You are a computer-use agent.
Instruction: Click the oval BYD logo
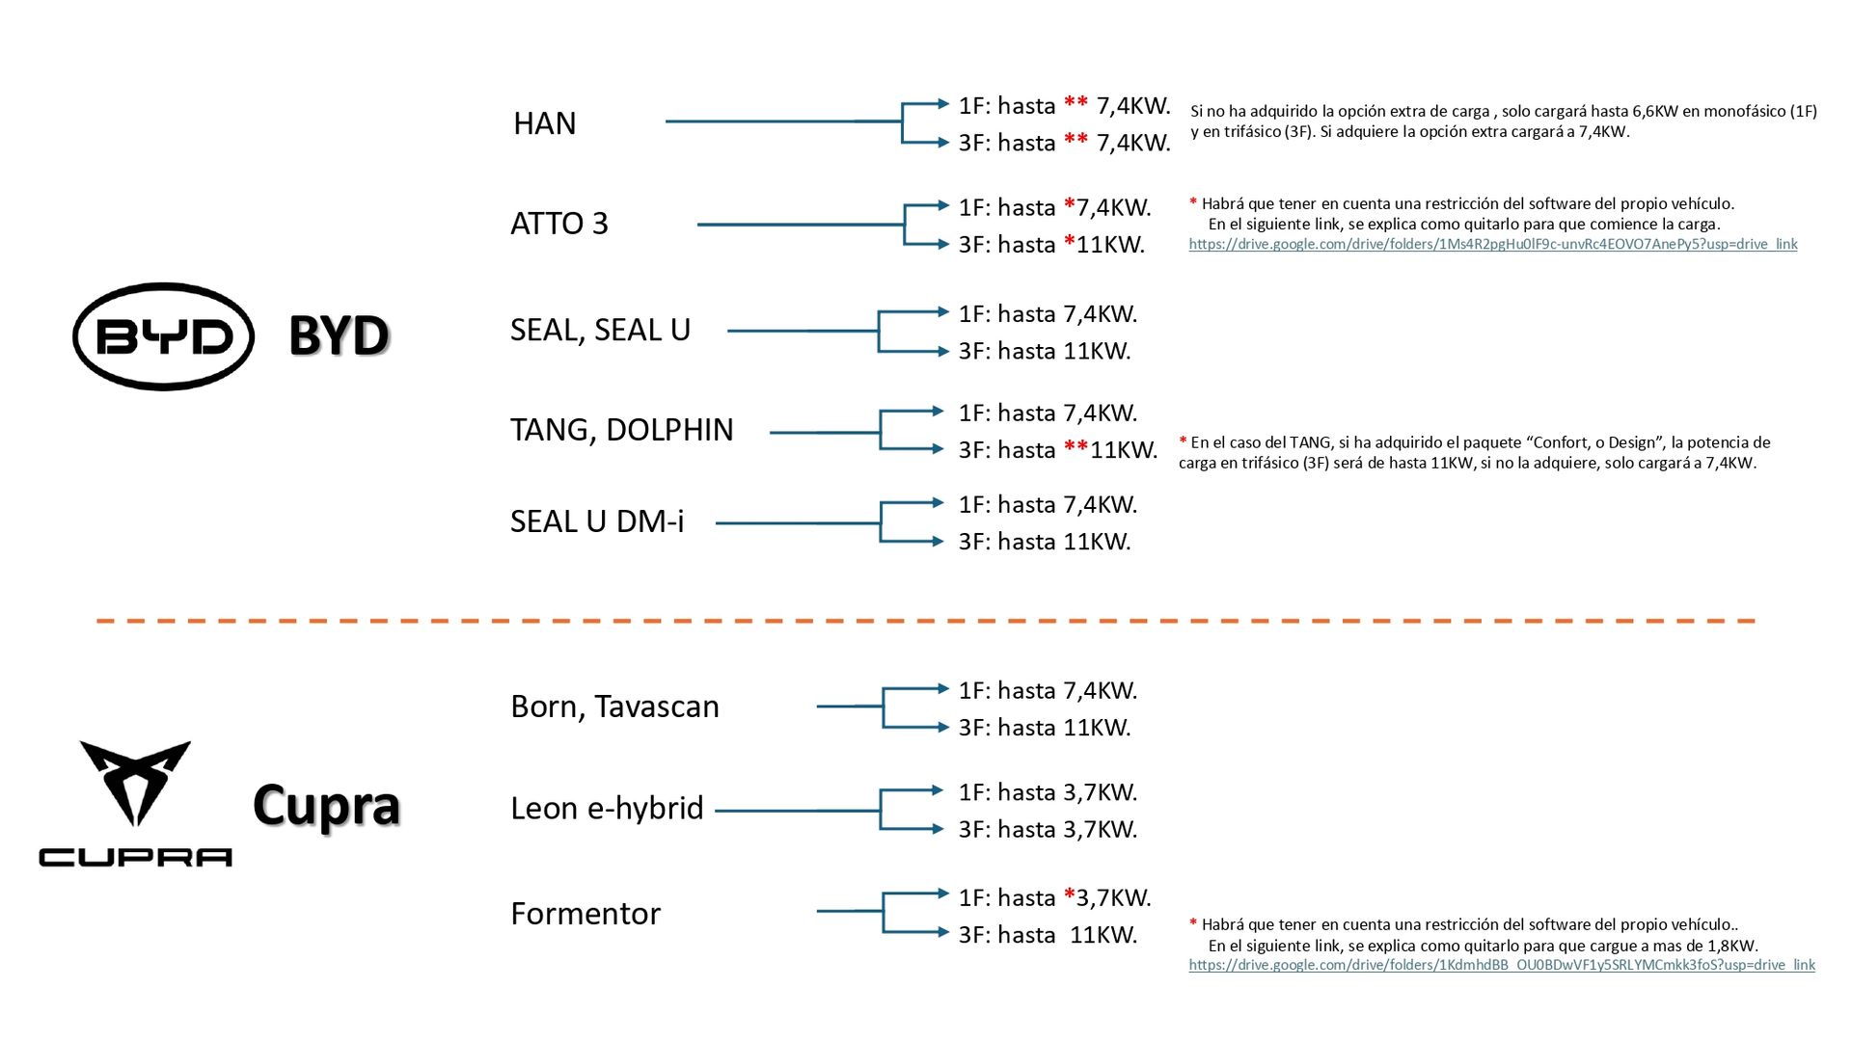coord(163,336)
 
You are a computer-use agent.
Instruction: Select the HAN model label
coord(544,123)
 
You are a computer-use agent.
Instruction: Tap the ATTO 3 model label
coord(558,224)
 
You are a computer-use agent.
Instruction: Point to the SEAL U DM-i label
coord(596,521)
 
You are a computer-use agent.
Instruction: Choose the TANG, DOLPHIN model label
coord(621,430)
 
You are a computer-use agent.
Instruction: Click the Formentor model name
coord(585,914)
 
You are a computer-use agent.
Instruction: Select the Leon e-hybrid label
coord(607,808)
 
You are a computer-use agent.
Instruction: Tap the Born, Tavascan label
coord(614,707)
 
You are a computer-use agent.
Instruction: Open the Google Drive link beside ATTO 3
coord(1492,245)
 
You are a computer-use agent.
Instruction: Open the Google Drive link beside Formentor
coord(1501,965)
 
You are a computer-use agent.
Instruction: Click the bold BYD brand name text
coord(338,335)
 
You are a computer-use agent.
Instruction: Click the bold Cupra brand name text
coord(326,805)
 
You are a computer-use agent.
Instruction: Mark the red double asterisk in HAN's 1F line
coord(1076,104)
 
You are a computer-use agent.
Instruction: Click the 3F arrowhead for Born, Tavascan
coord(942,727)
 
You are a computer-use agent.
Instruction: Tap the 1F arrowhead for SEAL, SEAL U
coord(942,312)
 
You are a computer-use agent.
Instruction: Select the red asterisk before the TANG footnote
coord(1183,441)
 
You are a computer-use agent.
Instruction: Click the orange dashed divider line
coord(926,621)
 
